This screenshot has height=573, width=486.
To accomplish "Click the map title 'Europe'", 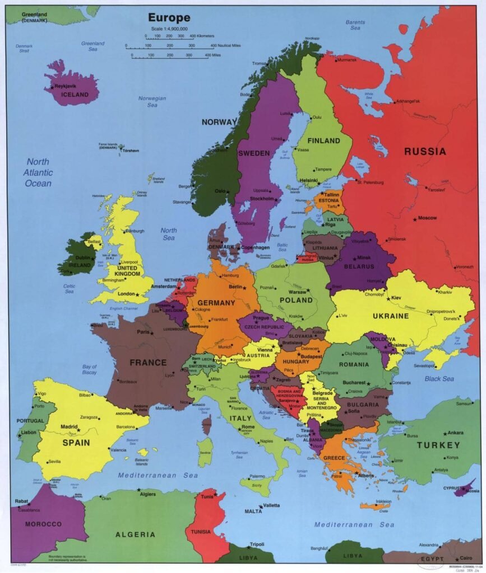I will tap(169, 18).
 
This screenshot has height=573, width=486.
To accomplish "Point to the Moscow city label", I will tap(427, 218).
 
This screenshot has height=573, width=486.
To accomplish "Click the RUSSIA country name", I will tap(425, 151).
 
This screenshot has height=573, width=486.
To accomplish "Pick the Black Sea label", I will tap(439, 379).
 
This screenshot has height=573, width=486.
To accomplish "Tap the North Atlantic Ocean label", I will tap(38, 172).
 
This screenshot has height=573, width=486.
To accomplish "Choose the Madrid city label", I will tap(69, 426).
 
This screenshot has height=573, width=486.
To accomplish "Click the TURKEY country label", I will tap(438, 445).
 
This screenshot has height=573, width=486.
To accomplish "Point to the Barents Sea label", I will tap(355, 25).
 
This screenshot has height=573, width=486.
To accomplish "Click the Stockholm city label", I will tap(262, 199).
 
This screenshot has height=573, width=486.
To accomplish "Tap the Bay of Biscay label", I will tap(89, 369).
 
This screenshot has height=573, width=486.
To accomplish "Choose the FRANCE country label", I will tap(148, 362).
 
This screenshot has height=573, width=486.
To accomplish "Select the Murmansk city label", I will tap(347, 59).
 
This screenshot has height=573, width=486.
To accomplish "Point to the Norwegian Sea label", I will tap(152, 101).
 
